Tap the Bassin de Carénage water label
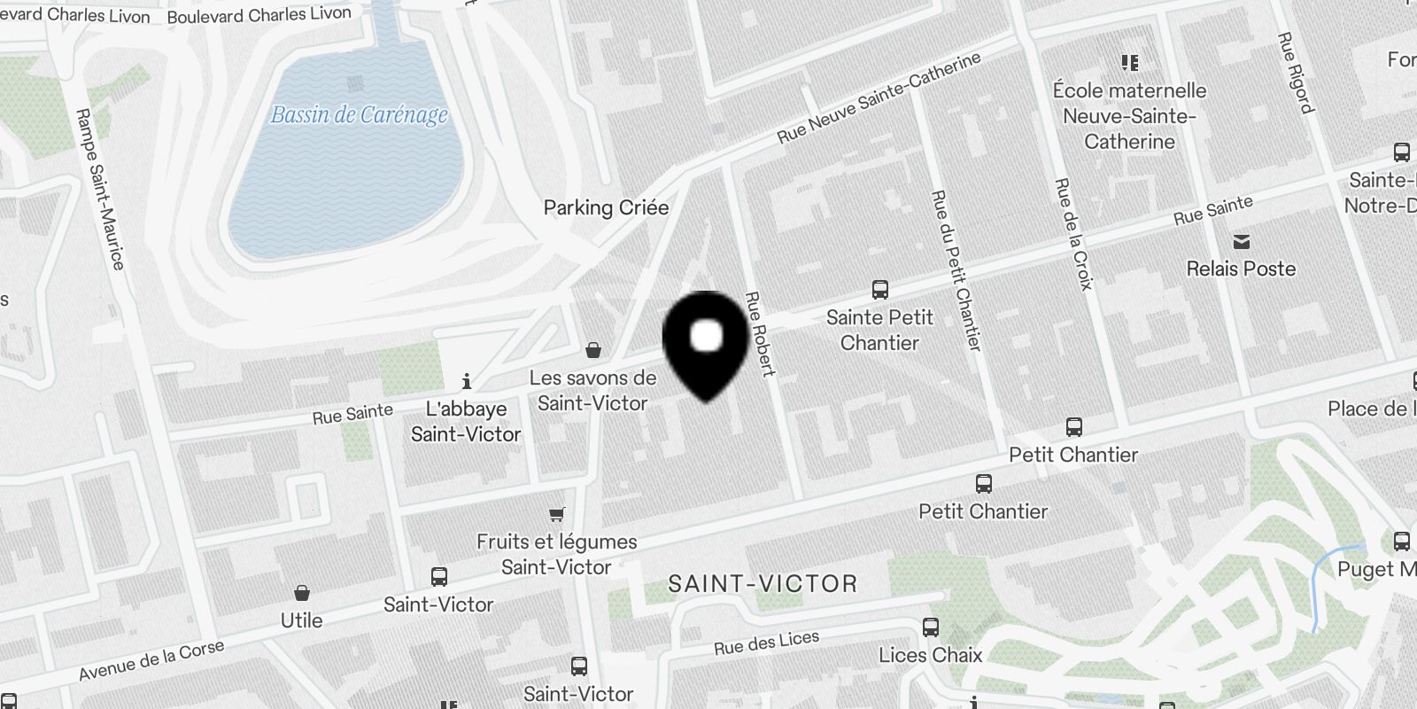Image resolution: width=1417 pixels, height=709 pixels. click(x=359, y=115)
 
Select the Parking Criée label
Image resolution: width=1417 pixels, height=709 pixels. click(x=606, y=207)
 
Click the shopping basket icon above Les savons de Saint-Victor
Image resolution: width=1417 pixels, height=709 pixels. click(x=593, y=350)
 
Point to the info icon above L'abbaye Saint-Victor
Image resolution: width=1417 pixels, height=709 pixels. click(x=467, y=382)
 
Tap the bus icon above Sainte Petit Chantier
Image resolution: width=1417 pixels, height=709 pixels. click(x=879, y=290)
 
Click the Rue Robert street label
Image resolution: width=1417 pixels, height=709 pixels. click(x=760, y=333)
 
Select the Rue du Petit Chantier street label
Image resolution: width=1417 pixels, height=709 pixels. click(x=956, y=270)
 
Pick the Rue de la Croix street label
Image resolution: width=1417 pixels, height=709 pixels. click(x=1073, y=234)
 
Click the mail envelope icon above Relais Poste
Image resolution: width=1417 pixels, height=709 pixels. click(x=1242, y=242)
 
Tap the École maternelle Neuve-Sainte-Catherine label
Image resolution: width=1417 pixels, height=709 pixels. click(x=1129, y=116)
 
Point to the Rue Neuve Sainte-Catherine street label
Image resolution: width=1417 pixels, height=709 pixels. click(x=879, y=97)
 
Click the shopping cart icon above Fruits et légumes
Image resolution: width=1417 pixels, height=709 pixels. click(x=556, y=514)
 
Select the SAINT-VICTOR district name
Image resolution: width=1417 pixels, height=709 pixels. click(x=763, y=584)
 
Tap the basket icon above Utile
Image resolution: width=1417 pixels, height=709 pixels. click(x=302, y=593)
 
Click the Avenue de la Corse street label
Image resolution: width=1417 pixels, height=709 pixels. click(x=151, y=661)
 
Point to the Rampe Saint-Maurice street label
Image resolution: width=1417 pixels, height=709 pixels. click(x=99, y=189)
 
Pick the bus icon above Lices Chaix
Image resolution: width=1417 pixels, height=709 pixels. click(x=931, y=627)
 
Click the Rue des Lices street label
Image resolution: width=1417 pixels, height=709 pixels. click(x=767, y=642)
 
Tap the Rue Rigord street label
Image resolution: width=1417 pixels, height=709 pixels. click(x=1294, y=73)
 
